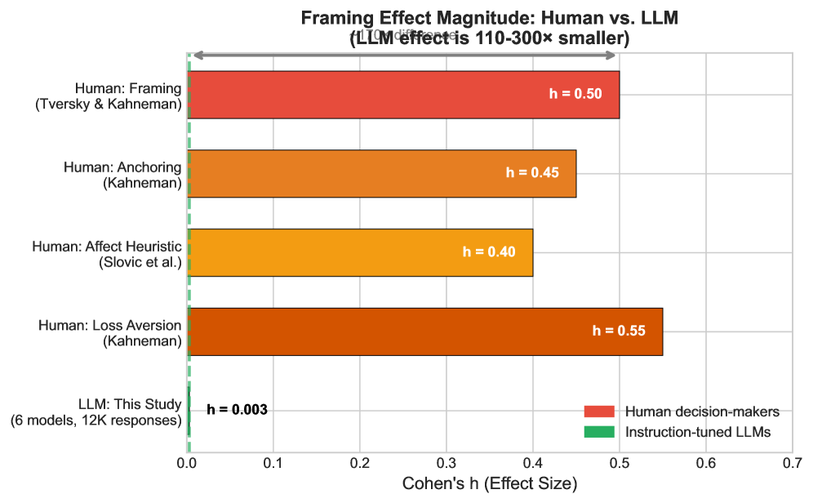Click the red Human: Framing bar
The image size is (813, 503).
367,95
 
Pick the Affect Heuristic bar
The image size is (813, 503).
327,252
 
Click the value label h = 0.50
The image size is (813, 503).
575,94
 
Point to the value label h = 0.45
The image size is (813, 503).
532,173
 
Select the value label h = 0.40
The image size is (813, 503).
489,252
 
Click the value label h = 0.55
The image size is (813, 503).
619,332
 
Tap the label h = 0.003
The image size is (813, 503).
237,410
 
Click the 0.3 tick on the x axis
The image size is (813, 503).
446,463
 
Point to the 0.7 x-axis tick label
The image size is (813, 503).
792,463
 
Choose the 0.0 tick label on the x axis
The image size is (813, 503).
188,463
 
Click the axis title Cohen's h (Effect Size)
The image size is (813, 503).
490,483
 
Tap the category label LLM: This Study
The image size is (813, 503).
129,403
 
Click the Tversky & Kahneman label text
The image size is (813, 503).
108,104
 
